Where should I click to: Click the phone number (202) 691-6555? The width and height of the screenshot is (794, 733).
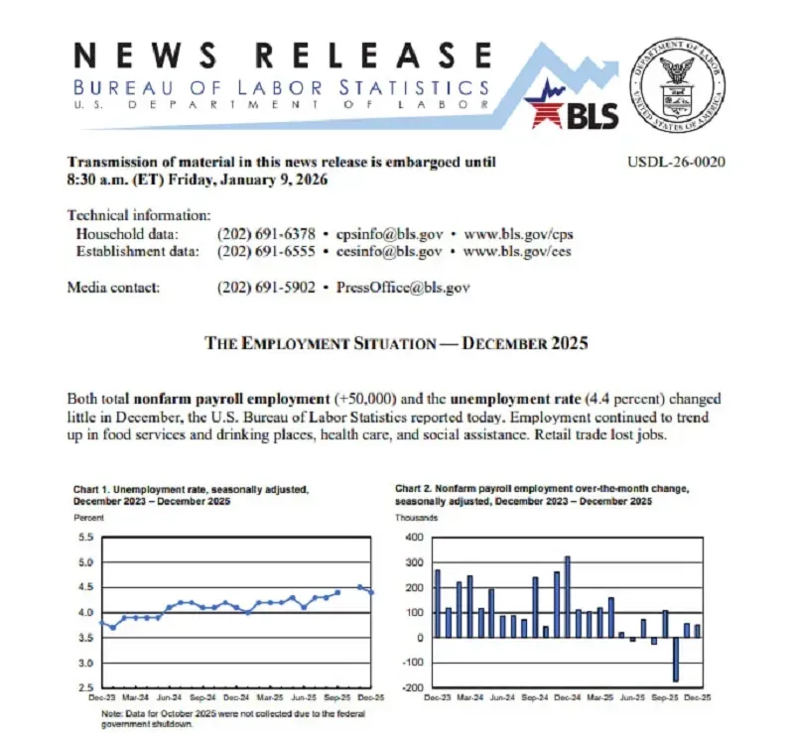point(265,252)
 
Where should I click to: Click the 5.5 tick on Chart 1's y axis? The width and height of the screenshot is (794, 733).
point(83,538)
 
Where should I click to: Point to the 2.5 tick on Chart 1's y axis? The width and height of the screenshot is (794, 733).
point(83,688)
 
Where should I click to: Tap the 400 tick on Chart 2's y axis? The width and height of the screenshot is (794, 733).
point(413,538)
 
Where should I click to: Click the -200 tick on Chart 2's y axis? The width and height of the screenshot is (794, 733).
point(411,687)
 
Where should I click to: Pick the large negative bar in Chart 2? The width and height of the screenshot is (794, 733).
point(675,660)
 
